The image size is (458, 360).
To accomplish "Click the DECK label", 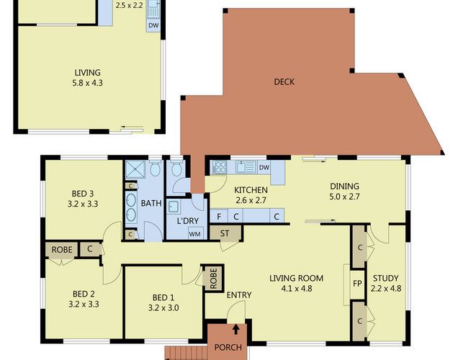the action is click(284, 82).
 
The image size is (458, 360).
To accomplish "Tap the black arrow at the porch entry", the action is click(236, 329).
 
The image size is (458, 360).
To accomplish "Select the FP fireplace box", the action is click(357, 284).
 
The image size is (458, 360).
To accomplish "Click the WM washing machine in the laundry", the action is click(195, 234).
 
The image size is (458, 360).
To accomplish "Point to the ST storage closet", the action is click(225, 233).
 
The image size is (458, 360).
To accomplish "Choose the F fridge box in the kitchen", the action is click(219, 216).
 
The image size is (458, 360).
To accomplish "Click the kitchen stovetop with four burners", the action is click(220, 167).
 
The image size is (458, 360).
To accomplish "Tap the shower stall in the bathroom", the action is click(135, 169).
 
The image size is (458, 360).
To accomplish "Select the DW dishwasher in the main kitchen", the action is click(264, 168).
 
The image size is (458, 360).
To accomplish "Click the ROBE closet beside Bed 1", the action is click(213, 278).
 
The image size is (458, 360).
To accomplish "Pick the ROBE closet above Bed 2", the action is click(62, 250).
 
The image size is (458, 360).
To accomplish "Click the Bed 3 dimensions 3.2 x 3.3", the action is click(83, 204).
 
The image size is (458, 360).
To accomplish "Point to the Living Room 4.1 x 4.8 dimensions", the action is click(297, 289).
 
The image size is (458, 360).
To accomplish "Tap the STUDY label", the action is click(385, 278).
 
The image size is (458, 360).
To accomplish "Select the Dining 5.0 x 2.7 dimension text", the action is click(344, 197).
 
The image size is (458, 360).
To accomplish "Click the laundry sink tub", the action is click(174, 207).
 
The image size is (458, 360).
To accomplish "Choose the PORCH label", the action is click(228, 347).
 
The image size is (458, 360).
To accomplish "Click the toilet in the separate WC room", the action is click(176, 168).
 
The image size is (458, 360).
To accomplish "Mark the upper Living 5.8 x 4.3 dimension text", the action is click(87, 83).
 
